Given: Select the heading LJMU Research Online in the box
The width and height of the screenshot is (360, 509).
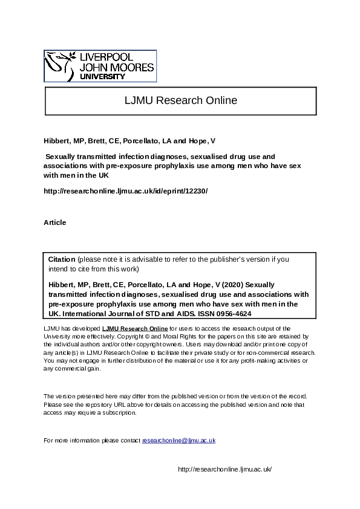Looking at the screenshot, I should coord(180,100).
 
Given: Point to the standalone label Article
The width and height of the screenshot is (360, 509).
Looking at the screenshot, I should coord(55,222).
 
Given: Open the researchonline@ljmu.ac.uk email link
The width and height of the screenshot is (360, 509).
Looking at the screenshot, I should coord(178,440).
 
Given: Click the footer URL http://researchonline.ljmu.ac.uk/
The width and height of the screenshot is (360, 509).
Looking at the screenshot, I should coord(224,469).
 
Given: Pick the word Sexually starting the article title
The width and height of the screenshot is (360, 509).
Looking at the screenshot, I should coord(64,156).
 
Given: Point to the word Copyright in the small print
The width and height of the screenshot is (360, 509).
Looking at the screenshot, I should coord(132,336).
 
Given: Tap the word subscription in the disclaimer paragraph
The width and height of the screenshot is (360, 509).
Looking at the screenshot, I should coord(122,413).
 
